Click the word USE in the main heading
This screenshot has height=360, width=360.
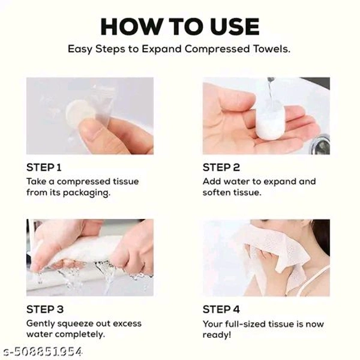coord(234,26)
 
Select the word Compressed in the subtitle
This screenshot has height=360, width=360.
coord(217,49)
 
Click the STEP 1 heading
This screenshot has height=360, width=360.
coord(44,167)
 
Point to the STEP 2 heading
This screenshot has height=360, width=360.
coord(221,167)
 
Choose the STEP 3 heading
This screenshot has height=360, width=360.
coord(45,309)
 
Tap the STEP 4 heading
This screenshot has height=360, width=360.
coord(221,309)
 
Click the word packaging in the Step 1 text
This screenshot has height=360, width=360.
coord(86,193)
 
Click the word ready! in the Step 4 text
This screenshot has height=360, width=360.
coord(217,335)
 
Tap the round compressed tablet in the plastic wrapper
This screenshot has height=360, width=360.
coord(80,113)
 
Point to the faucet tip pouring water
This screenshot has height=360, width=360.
coord(271,79)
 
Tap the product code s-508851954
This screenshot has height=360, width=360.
coord(43,352)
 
